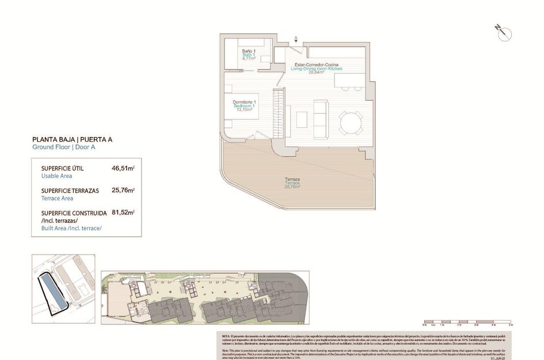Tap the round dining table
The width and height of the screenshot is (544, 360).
(x=351, y=122)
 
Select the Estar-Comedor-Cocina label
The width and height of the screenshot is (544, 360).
(x=316, y=64)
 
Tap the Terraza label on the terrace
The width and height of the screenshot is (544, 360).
(x=292, y=179)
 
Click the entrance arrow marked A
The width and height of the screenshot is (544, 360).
(x=296, y=40)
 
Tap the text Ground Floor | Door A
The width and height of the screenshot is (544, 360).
(x=64, y=147)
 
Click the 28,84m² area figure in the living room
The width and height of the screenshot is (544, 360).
(x=316, y=73)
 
